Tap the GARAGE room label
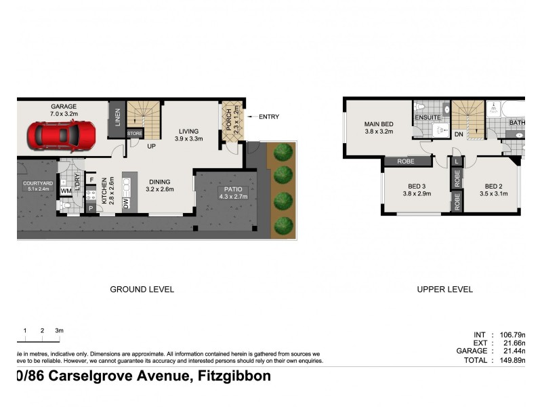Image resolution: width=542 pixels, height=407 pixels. pos(63,106)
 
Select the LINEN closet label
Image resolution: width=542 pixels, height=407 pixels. pos(117,118)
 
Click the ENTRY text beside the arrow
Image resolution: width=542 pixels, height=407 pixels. pos(268,117)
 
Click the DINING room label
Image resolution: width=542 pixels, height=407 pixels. pos(160,182)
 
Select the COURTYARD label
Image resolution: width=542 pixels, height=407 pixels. pos(37,183)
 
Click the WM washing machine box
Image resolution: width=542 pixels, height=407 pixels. pos(66,192)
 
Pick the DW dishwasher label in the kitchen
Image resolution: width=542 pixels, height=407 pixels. pos(126,202)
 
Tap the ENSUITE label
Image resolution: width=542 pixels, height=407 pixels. pos(428,117)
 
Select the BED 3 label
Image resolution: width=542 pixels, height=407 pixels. pos(417,186)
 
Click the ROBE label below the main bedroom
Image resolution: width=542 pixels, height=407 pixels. pos(407,161)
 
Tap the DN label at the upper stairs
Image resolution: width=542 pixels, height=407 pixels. pos(459,134)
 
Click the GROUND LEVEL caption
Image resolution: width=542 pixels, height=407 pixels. pos(142,289)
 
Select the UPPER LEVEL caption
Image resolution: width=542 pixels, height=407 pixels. pos(444,289)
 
